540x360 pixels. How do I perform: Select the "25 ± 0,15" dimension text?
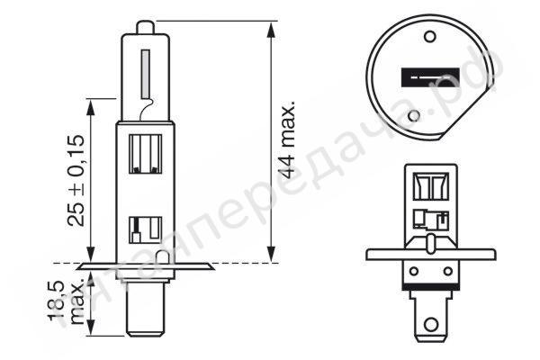click(x=76, y=180)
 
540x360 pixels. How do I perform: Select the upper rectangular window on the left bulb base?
click(x=145, y=154)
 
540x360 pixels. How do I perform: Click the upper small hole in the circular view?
click(x=429, y=39)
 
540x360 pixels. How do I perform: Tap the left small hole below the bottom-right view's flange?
click(x=414, y=266)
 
